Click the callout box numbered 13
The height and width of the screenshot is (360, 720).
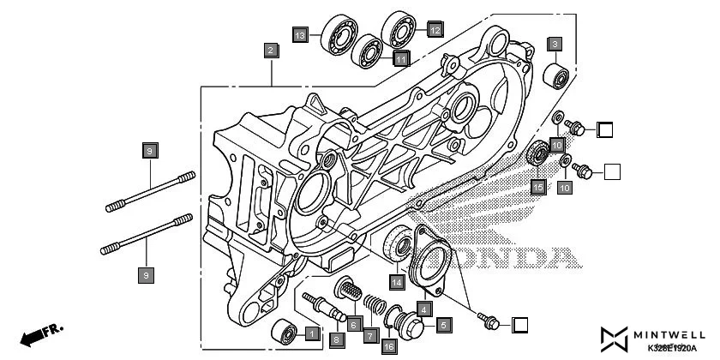(299, 36)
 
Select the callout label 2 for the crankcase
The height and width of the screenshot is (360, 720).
(270, 51)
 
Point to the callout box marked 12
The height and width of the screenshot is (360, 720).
(435, 30)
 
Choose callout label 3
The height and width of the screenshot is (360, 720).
(555, 44)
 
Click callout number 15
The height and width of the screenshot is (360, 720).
(538, 186)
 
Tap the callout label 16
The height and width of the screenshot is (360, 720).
(388, 346)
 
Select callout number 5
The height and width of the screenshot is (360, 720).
(443, 325)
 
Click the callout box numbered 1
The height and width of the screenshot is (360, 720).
(312, 333)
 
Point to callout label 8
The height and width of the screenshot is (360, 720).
(336, 339)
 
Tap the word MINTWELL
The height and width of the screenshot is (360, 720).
(677, 333)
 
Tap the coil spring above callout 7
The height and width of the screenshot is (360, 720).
(370, 304)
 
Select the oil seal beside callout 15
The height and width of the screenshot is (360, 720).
(539, 155)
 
